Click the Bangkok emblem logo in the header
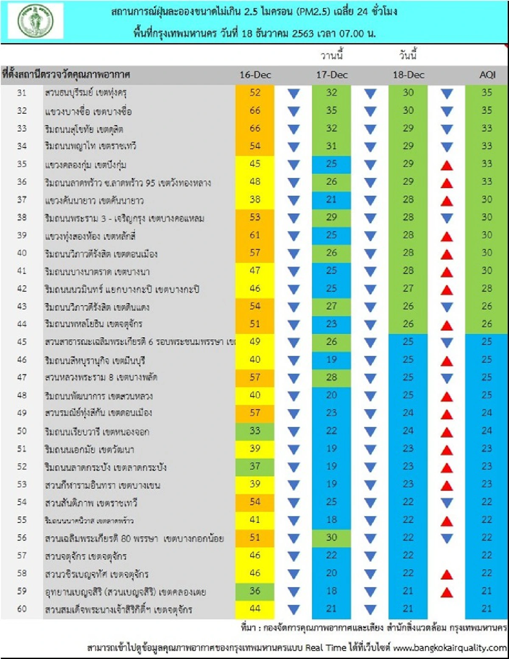coord(36,21)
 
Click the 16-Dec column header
coord(255,75)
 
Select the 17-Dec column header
coord(332,75)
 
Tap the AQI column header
coord(487,75)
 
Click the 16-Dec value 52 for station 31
coord(255,93)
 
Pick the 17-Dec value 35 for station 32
coord(332,111)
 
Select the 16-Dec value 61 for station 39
coord(255,235)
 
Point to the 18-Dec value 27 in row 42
coord(408,289)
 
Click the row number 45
coord(22,342)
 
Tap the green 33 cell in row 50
coord(255,431)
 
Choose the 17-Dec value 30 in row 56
coord(332,538)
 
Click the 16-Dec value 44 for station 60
coord(255,609)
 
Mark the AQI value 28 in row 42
coord(487,289)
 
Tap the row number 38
coord(22,218)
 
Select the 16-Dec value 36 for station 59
coord(255,591)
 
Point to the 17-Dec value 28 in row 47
coord(332,377)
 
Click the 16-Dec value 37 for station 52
coord(255,466)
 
